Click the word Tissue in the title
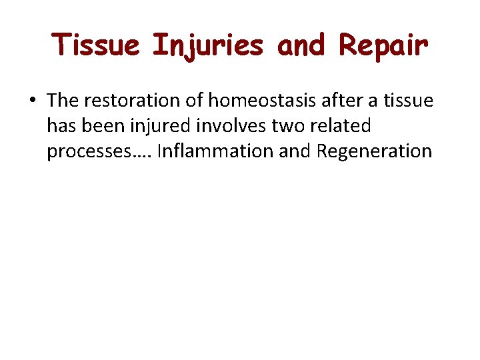(98, 46)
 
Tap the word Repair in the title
(383, 46)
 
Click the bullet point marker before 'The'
(32, 101)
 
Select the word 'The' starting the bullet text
(63, 101)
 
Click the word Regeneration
(374, 152)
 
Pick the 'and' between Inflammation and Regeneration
(295, 151)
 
